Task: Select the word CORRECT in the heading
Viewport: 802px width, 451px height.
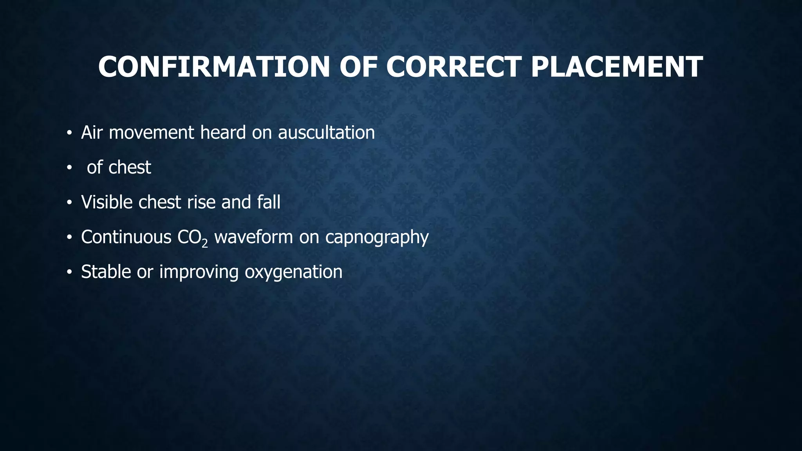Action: click(454, 67)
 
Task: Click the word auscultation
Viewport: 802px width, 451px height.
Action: click(326, 133)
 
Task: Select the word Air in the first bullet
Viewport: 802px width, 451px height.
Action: click(92, 133)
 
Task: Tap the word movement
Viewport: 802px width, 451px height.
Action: click(151, 133)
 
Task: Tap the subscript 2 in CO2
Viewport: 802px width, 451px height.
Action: click(204, 243)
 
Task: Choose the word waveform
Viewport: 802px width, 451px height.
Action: click(253, 237)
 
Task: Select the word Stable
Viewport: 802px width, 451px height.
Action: click(106, 272)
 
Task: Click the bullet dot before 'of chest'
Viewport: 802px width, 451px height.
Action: click(69, 168)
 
